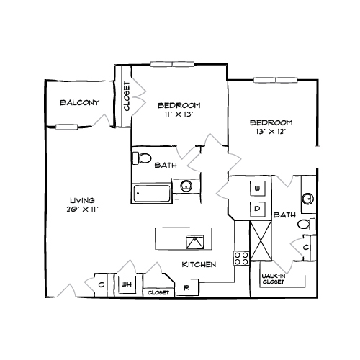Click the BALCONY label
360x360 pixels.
click(x=79, y=103)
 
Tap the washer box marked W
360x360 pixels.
click(x=257, y=189)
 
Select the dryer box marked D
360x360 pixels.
click(x=257, y=209)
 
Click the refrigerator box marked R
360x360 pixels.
click(x=187, y=287)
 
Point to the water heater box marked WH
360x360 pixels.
click(x=127, y=284)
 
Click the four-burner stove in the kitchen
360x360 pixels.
click(x=242, y=258)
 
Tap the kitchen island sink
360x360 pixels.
click(x=195, y=242)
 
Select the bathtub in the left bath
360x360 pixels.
click(x=152, y=194)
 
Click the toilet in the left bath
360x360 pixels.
click(x=142, y=158)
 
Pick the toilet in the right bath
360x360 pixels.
click(x=307, y=224)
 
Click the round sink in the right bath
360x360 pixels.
click(x=307, y=198)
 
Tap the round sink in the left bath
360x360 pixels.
click(x=186, y=186)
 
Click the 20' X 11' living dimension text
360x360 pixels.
click(x=83, y=210)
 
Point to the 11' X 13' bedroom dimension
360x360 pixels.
click(x=179, y=114)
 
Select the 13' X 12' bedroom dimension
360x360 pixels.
click(x=271, y=132)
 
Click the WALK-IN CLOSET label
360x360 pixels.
click(x=274, y=279)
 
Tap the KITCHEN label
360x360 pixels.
click(x=199, y=264)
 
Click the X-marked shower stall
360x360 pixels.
click(x=261, y=240)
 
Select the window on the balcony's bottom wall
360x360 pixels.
click(x=67, y=127)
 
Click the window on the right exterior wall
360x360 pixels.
click(x=318, y=157)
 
